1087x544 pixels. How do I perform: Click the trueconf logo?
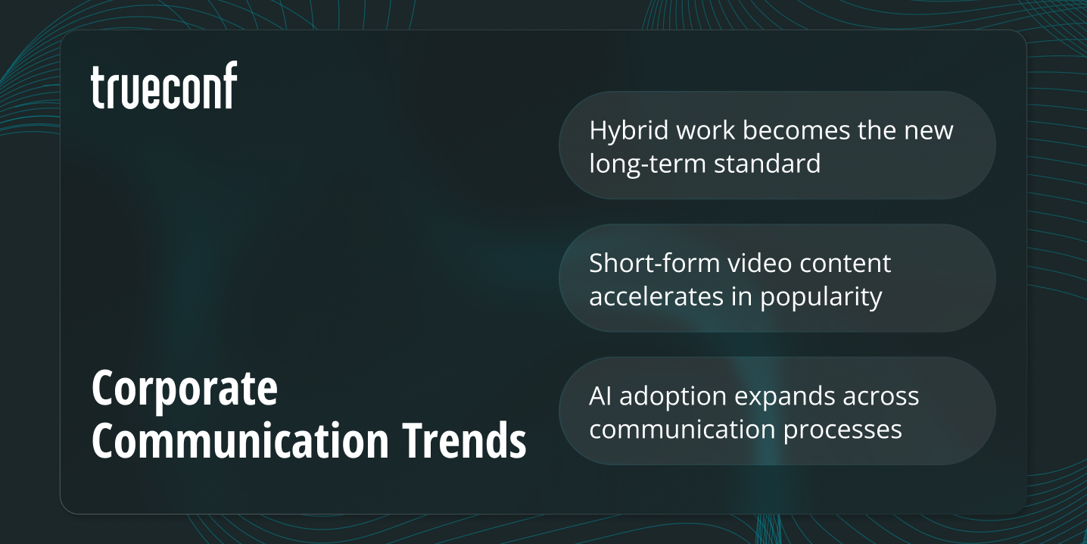pos(164,86)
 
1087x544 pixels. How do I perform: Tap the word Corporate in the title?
pos(185,389)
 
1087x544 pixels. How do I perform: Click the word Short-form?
pos(654,263)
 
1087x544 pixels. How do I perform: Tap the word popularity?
pos(821,297)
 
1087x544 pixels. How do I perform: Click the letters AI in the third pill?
pos(601,395)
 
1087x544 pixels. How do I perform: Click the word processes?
pos(842,430)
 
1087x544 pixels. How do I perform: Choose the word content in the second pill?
pos(846,263)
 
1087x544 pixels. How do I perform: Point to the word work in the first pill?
pos(705,130)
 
